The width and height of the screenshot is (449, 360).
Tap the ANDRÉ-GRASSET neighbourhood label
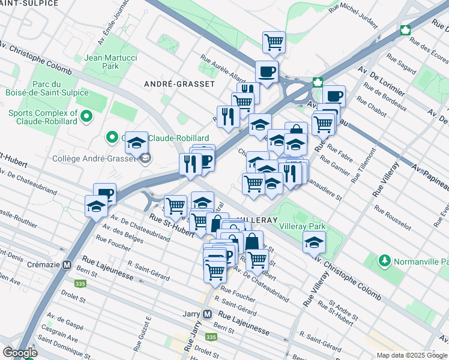click(179, 84)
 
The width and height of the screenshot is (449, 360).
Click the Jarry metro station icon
click(207, 314)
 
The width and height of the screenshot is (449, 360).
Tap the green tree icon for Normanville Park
click(384, 262)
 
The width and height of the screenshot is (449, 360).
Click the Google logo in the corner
click(20, 353)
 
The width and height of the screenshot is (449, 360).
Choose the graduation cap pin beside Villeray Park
click(313, 244)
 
